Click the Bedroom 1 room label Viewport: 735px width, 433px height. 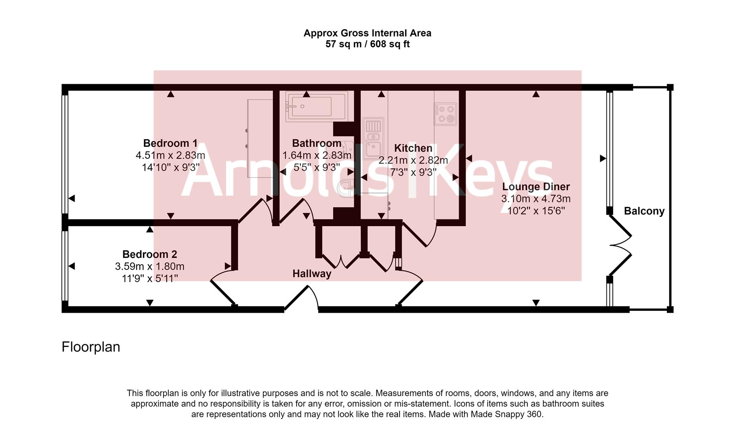pyautogui.click(x=170, y=143)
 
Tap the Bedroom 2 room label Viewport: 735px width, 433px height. pyautogui.click(x=149, y=254)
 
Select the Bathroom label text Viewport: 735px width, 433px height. pyautogui.click(x=317, y=143)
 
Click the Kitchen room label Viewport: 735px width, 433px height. pyautogui.click(x=413, y=148)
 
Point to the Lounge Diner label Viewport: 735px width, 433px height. pyautogui.click(x=536, y=186)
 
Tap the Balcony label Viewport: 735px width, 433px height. pyautogui.click(x=644, y=211)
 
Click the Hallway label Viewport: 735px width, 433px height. pyautogui.click(x=312, y=274)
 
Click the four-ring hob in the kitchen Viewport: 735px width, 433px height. pyautogui.click(x=446, y=113)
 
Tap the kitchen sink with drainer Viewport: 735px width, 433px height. pyautogui.click(x=373, y=138)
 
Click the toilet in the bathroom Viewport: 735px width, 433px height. pyautogui.click(x=345, y=188)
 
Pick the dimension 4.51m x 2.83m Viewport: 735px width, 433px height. pyautogui.click(x=170, y=155)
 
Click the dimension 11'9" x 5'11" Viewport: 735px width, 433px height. pyautogui.click(x=149, y=278)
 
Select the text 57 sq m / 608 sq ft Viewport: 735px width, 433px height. pyautogui.click(x=367, y=44)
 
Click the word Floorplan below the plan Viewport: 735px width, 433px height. pyautogui.click(x=91, y=347)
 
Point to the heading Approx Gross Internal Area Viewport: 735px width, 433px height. pyautogui.click(x=367, y=33)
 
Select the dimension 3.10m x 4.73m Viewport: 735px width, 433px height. pyautogui.click(x=536, y=198)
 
